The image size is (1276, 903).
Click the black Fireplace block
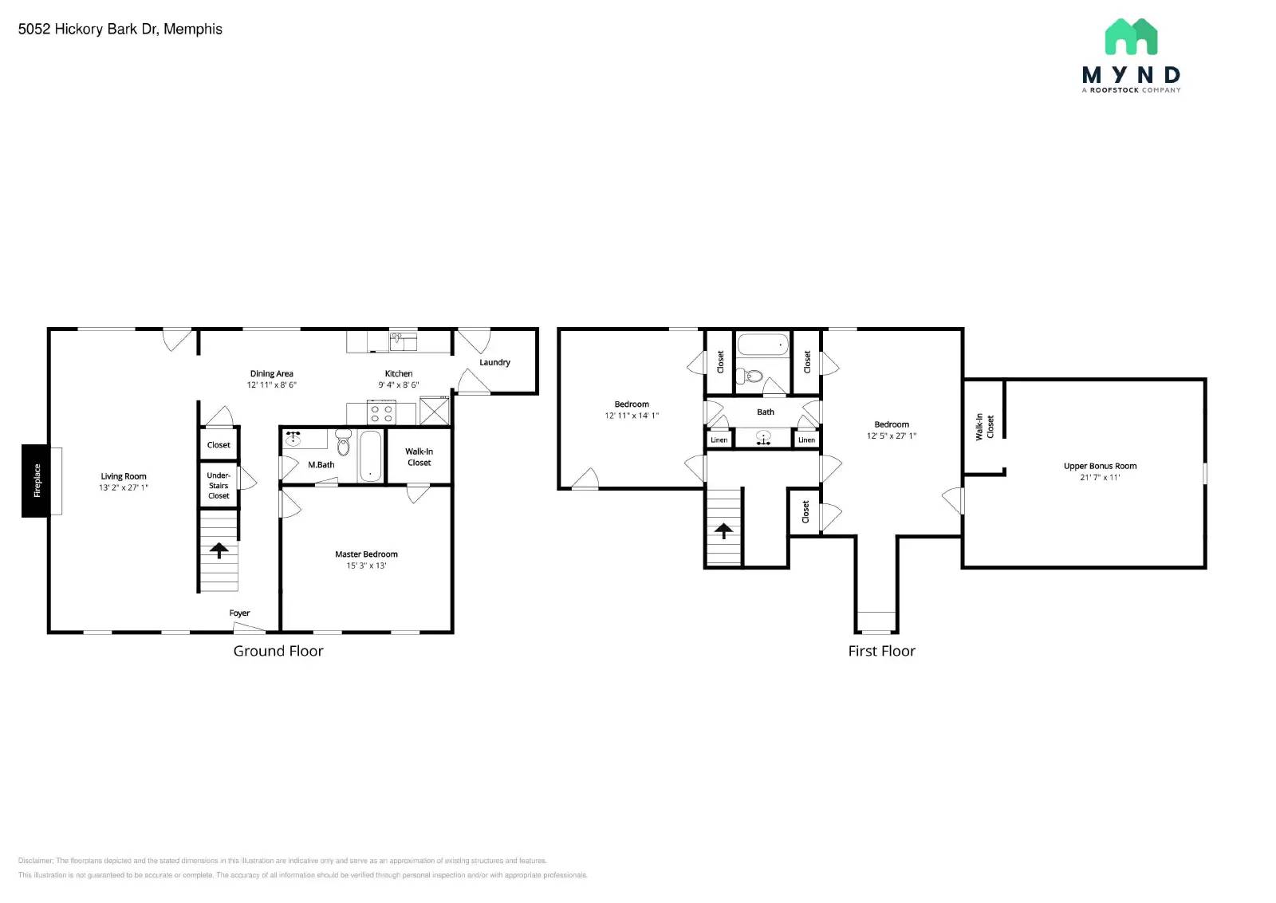coord(35,480)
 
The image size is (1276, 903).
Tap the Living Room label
coord(124,476)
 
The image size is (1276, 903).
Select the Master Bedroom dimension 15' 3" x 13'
coord(366,566)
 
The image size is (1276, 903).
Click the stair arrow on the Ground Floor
coord(219,550)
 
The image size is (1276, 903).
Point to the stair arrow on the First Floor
coord(723,530)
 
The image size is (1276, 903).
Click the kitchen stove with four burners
coord(381,414)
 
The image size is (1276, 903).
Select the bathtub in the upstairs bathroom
coord(762,345)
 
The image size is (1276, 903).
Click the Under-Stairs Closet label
coord(219,485)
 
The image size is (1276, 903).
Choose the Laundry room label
coord(494,362)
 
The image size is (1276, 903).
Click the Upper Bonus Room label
coord(1100,466)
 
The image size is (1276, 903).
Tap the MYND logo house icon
coord(1131,37)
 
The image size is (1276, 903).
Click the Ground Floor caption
coord(278,651)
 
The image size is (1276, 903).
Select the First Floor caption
coord(881,651)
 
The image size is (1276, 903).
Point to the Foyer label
coord(239,613)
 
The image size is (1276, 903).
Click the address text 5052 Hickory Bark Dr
coord(120,30)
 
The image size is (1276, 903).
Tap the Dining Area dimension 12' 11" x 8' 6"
coord(271,384)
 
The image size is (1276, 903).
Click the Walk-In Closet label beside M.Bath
coord(419,457)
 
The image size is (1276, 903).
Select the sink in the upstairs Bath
coord(763,438)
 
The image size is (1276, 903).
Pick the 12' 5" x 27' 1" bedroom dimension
coord(892,436)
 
